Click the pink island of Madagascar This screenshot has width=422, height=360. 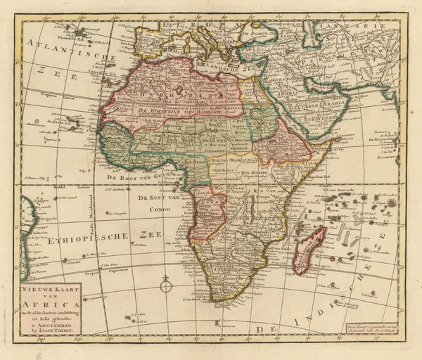pyautogui.click(x=309, y=250)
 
